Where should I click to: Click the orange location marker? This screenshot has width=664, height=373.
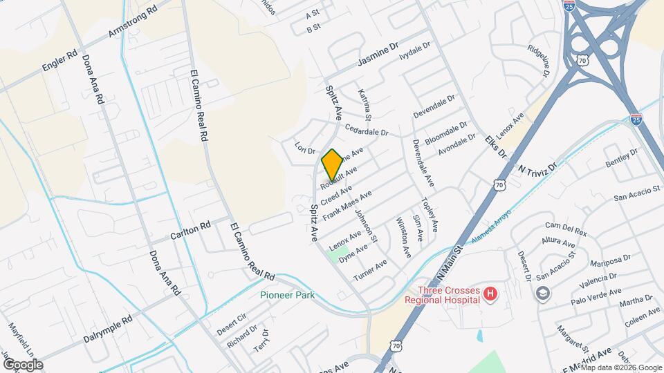(x=332, y=164)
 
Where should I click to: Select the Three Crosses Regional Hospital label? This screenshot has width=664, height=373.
(x=446, y=295)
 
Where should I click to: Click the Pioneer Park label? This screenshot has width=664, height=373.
(x=287, y=295)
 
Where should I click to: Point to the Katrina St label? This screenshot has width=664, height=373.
(x=365, y=103)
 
